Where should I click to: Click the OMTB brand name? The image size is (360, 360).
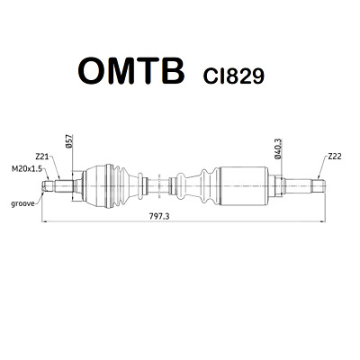130,71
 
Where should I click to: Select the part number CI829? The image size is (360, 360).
234,76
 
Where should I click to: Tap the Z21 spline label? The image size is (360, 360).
42,157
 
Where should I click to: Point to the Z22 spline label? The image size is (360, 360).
334,157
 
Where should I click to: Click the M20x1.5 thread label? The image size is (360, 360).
27,169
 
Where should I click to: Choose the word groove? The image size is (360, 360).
22,204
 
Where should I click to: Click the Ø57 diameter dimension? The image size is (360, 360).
68,142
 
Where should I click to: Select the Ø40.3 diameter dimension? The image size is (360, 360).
277,149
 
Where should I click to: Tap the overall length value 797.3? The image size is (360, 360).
159,216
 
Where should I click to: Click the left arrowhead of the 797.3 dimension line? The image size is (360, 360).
43,221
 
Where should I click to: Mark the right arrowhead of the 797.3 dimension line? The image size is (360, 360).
323,221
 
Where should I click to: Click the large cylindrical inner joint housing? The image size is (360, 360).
243,186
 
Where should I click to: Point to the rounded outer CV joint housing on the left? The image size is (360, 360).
96,186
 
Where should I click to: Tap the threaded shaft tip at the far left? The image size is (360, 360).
48,185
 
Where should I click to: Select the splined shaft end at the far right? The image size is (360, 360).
318,186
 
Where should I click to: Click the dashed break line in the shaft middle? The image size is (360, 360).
159,186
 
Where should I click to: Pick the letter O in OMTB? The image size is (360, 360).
92,71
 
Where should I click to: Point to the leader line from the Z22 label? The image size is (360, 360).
322,167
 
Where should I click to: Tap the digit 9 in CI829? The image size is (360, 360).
258,76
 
